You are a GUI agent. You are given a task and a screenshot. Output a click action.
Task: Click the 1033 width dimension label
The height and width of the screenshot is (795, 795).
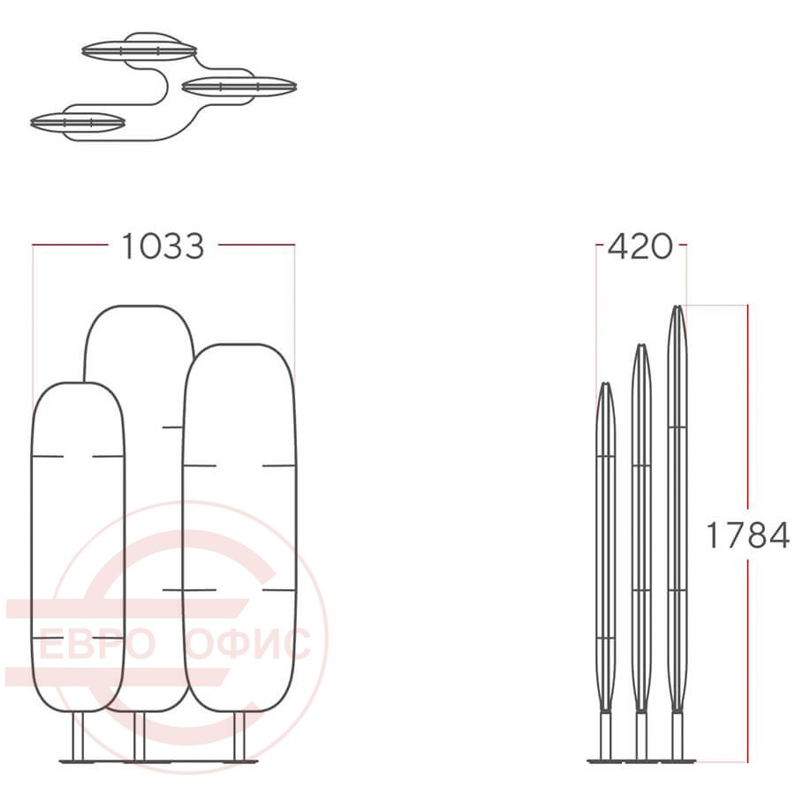point(163,246)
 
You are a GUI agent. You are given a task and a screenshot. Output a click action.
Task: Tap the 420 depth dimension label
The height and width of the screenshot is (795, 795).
point(640,247)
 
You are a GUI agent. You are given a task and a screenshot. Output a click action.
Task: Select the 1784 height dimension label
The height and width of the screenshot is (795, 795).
point(747,535)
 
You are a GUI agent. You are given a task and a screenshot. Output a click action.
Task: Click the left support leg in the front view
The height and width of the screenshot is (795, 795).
point(78,736)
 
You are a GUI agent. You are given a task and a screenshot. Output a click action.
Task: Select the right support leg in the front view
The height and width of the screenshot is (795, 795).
point(239,736)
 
